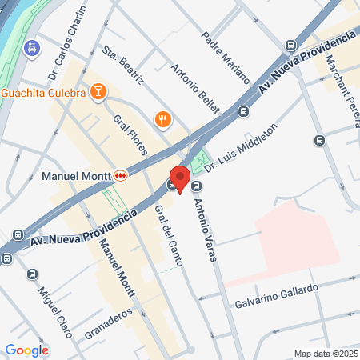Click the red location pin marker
pos(179,178)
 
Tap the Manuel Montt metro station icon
pos(120,174)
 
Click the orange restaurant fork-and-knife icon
pos(163,119)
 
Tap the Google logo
pos(26,350)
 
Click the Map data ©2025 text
pos(325,354)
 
